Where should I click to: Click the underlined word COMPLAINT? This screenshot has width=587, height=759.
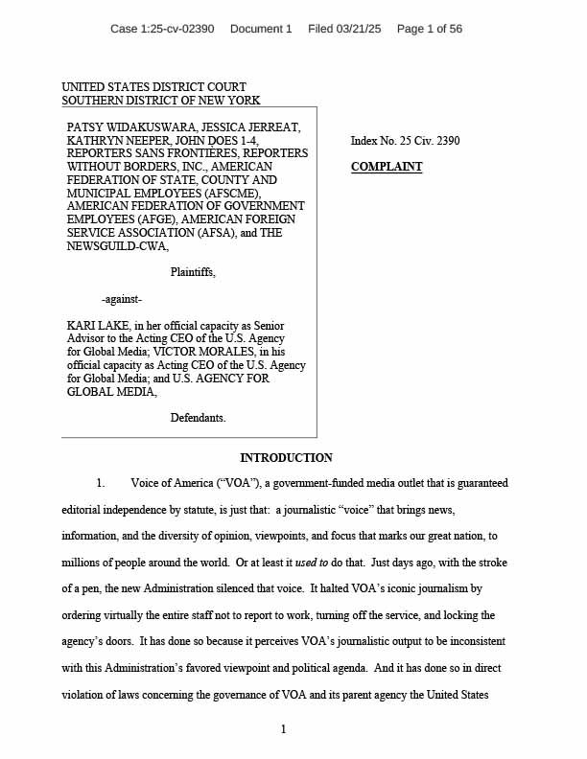point(387,167)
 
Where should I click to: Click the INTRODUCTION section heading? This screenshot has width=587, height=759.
point(286,458)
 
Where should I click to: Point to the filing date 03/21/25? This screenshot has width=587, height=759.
point(357,29)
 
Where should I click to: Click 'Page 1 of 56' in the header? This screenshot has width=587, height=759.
point(430,29)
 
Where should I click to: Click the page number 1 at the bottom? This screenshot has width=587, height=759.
point(284,730)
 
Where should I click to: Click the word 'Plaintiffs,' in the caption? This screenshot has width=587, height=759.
point(193,272)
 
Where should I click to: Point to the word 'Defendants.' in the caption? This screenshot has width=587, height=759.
point(199,418)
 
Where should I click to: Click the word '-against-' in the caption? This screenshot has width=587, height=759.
point(122,299)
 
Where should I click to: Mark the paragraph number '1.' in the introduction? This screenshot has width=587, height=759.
point(100,483)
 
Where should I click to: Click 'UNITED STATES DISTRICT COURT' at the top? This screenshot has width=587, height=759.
point(153,87)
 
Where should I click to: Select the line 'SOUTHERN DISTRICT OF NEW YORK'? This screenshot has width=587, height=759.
point(160,100)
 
